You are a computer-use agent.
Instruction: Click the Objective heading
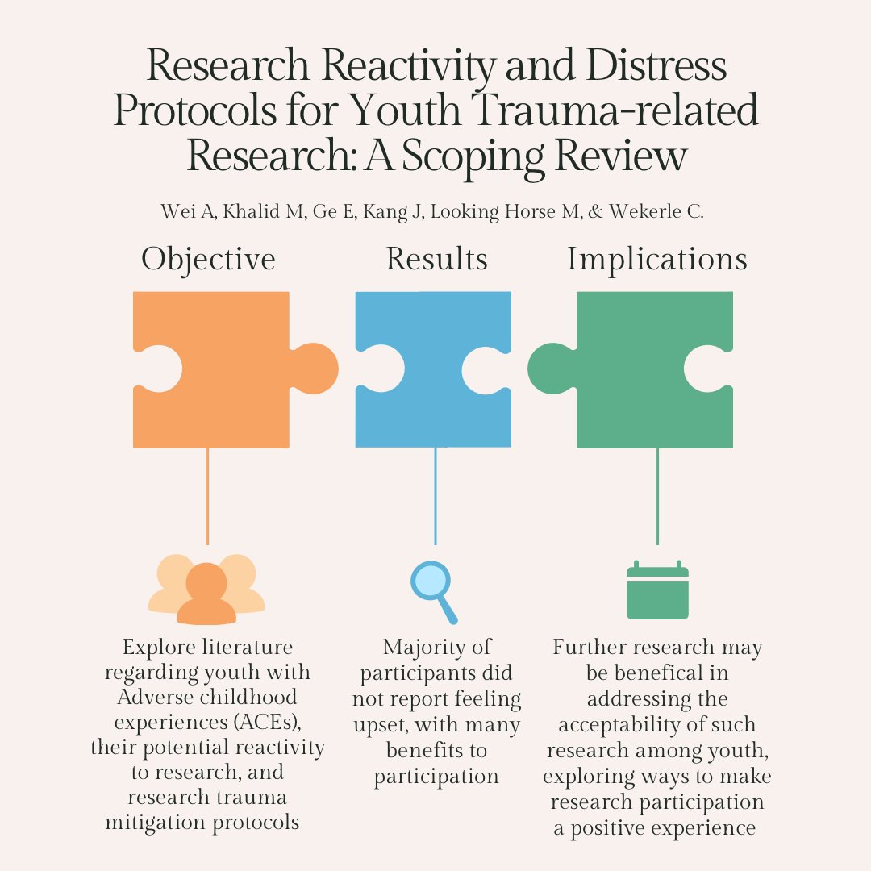pos(208,260)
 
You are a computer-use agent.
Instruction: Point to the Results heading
pos(436,260)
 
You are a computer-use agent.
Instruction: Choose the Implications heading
pos(657,260)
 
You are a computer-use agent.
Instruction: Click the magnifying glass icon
pos(432,589)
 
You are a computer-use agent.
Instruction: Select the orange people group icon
pos(206,590)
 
